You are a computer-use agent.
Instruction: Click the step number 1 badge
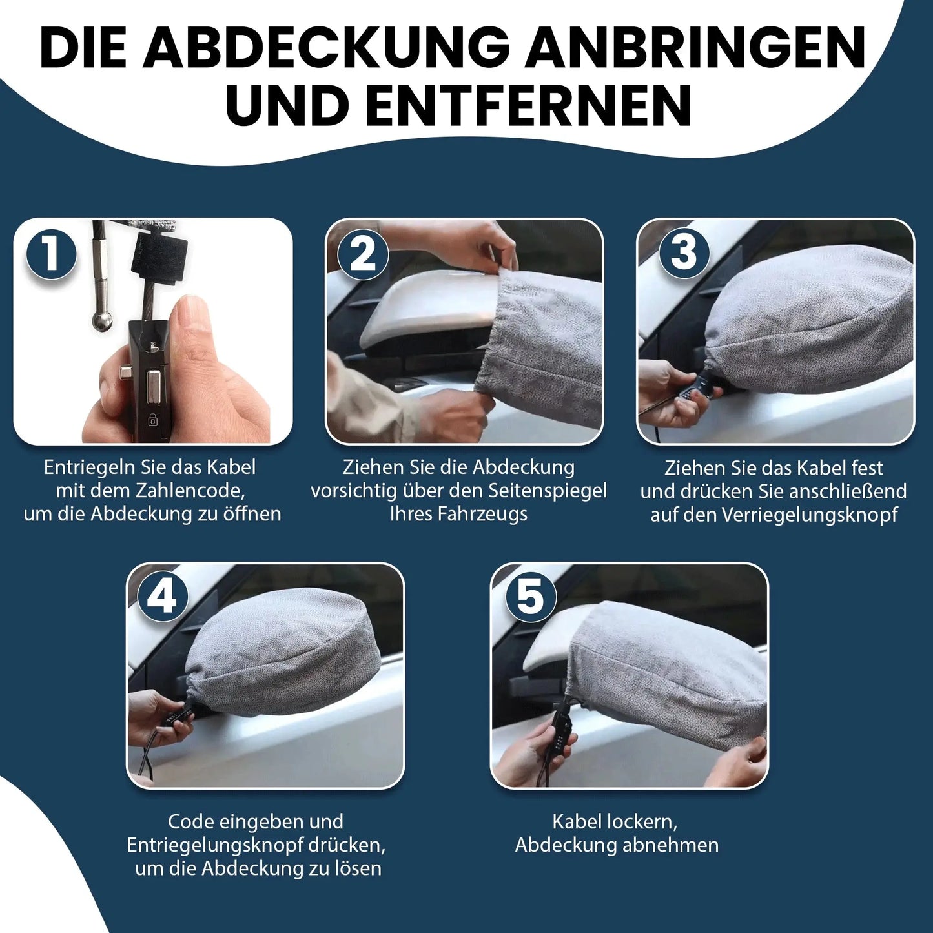pyautogui.click(x=51, y=254)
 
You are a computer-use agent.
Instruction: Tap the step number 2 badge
pyautogui.click(x=363, y=254)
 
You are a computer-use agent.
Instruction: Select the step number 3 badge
pyautogui.click(x=684, y=252)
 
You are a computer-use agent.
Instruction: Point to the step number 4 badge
pyautogui.click(x=162, y=597)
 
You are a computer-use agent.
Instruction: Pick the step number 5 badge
pyautogui.click(x=530, y=597)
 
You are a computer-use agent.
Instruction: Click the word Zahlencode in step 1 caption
pyautogui.click(x=190, y=491)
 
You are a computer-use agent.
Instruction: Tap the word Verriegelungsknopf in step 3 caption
pyautogui.click(x=810, y=515)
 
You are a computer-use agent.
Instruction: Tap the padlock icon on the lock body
pyautogui.click(x=153, y=421)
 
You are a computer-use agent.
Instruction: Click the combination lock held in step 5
pyautogui.click(x=559, y=730)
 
